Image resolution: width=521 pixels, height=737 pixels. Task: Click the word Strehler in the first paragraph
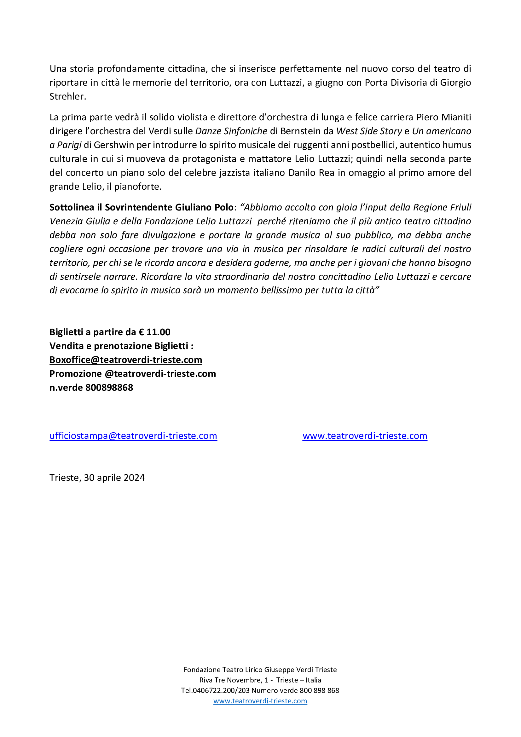click(67, 96)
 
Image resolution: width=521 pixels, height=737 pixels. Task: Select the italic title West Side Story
click(369, 131)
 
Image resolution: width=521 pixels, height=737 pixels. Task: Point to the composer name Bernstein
click(307, 131)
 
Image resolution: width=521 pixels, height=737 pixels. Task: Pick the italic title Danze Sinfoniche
click(231, 131)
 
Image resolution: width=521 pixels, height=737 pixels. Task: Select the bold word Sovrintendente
click(139, 207)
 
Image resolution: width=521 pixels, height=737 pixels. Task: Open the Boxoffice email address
click(126, 360)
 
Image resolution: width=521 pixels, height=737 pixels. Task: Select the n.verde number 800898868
click(109, 388)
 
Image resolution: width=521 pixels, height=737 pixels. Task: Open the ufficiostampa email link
click(133, 435)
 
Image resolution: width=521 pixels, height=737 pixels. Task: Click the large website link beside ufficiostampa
click(365, 435)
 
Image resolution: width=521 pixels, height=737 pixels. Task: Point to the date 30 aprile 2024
click(114, 478)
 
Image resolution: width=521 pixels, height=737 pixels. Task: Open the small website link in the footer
click(260, 701)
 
